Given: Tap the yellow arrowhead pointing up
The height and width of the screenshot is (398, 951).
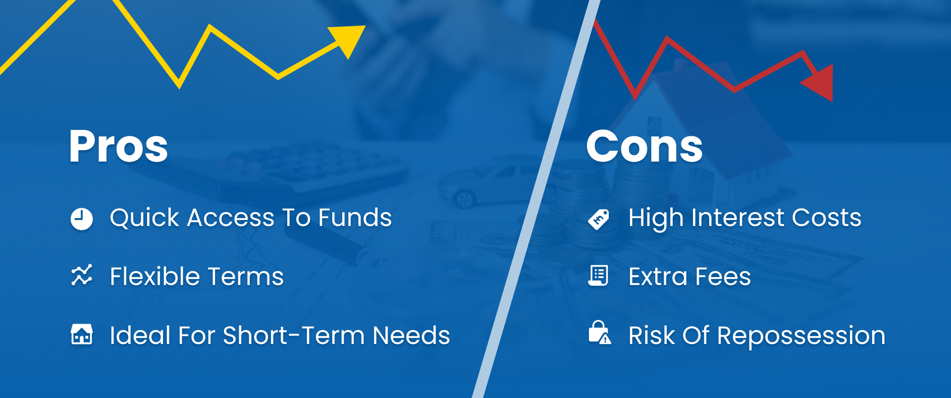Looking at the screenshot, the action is tap(349, 40).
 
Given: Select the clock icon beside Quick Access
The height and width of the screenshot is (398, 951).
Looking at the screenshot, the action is tap(82, 219).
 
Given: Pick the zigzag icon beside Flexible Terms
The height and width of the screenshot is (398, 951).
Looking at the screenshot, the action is tap(82, 275).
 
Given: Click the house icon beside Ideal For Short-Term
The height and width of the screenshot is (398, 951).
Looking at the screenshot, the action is tap(82, 334).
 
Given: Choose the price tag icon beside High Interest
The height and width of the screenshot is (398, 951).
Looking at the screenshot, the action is tap(599, 219).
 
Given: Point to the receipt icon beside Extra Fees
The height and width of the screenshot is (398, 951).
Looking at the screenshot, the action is tap(598, 276).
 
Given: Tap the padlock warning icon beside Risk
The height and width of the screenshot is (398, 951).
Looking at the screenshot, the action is tap(599, 333).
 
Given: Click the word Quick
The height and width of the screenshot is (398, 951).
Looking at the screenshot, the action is tap(145, 218).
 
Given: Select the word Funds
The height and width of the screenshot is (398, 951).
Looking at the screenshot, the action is tap(355, 218).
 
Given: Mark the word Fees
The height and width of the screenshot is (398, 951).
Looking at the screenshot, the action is tap(723, 277).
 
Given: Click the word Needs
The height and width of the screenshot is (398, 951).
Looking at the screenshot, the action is tap(411, 336).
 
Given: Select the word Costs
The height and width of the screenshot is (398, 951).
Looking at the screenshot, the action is tap(827, 218).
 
